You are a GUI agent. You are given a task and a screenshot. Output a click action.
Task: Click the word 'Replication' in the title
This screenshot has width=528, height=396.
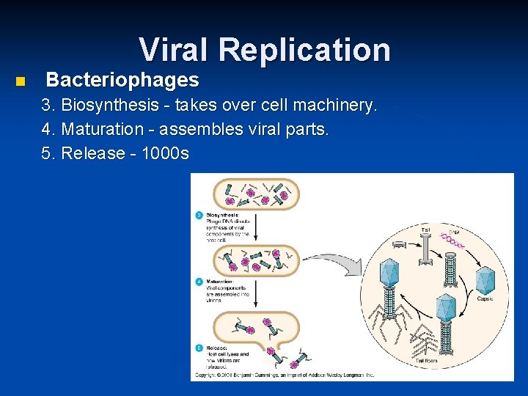click(x=304, y=50)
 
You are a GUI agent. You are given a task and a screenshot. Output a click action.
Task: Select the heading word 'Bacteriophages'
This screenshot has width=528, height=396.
click(x=122, y=80)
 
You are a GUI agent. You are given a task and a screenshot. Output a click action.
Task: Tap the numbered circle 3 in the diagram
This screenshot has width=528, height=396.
click(x=198, y=215)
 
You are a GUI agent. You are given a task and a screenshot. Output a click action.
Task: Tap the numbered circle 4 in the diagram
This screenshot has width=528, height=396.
click(x=198, y=281)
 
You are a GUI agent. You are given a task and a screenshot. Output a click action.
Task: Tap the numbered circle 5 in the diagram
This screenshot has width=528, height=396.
click(x=198, y=347)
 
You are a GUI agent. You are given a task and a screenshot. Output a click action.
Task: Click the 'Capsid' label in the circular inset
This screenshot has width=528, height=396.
click(x=485, y=298)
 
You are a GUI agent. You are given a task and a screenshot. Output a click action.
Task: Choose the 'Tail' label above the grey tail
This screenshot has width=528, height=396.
click(x=425, y=228)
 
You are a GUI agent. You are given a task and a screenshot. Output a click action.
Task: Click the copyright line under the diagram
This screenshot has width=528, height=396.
click(x=283, y=375)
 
